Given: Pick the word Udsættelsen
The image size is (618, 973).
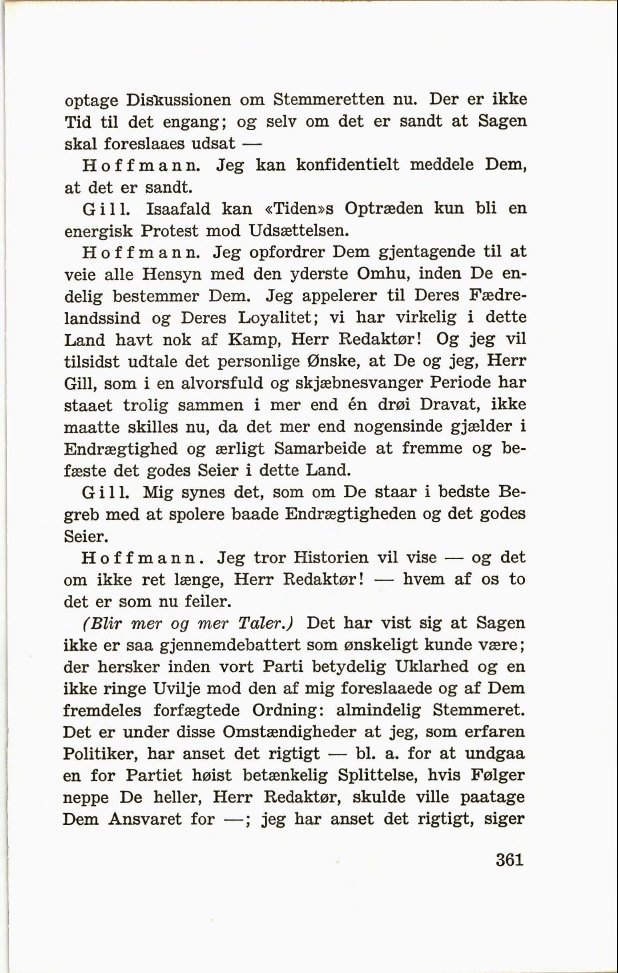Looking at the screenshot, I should coord(298,231).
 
